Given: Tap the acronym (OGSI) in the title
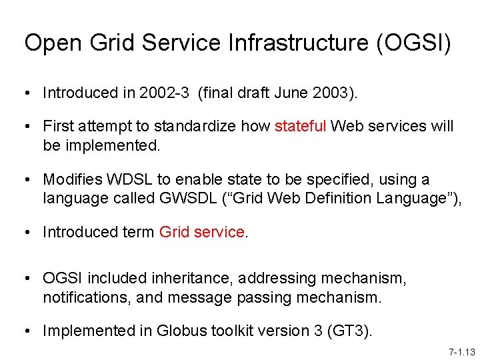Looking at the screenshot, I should (x=413, y=43).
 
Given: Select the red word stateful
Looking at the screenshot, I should (x=299, y=126).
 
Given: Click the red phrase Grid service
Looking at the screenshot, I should (x=202, y=232).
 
